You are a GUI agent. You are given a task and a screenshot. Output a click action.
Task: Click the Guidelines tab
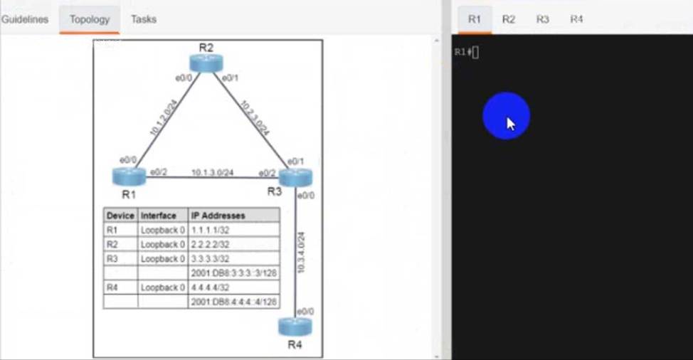click(25, 19)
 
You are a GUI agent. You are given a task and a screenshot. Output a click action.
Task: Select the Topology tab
click(90, 19)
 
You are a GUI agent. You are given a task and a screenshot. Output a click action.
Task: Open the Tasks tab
click(143, 19)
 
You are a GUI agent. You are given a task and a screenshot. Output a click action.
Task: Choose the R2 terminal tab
click(508, 19)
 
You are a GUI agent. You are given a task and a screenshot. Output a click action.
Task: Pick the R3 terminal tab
click(542, 19)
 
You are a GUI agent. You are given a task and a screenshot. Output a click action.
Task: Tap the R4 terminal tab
click(576, 19)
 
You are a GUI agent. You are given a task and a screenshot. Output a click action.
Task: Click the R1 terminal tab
click(475, 19)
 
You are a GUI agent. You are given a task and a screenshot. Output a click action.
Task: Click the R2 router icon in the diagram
click(206, 62)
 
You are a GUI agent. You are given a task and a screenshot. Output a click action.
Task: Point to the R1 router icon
click(128, 176)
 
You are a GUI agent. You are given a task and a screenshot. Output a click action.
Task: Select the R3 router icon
click(296, 177)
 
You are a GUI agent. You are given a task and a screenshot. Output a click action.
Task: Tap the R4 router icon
click(295, 327)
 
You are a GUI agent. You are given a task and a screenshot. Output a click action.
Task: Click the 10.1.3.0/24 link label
click(212, 172)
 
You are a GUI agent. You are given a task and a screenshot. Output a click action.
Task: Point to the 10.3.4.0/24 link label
click(302, 253)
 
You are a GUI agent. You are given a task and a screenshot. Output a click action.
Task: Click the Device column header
click(120, 216)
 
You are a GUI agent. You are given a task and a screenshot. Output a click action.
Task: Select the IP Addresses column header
click(218, 216)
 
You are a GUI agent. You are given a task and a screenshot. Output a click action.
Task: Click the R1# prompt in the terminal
click(462, 52)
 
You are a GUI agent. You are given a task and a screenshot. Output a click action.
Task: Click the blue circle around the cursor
click(506, 116)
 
